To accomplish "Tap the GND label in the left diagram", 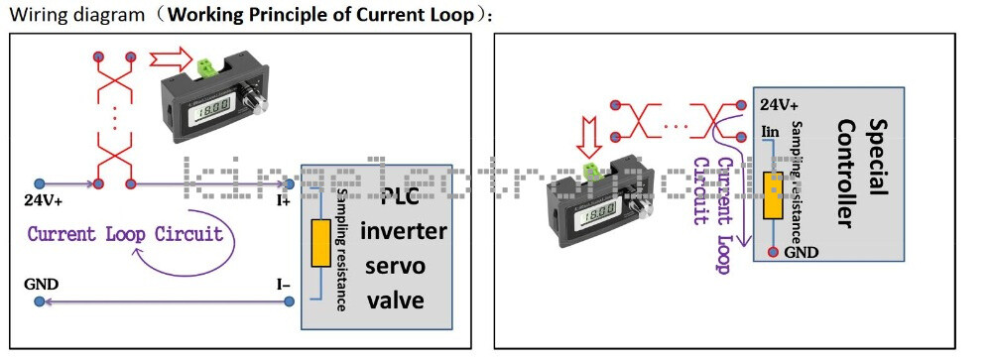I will tap(41, 285).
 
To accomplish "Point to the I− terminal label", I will tap(283, 285).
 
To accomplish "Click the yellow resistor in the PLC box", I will tap(320, 243).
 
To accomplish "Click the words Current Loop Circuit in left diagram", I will tap(125, 235).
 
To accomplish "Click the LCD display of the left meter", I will tap(206, 105).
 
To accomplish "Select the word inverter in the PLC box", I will tap(403, 233).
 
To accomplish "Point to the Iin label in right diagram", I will tap(769, 130).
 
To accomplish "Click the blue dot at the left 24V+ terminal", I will tap(40, 183).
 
